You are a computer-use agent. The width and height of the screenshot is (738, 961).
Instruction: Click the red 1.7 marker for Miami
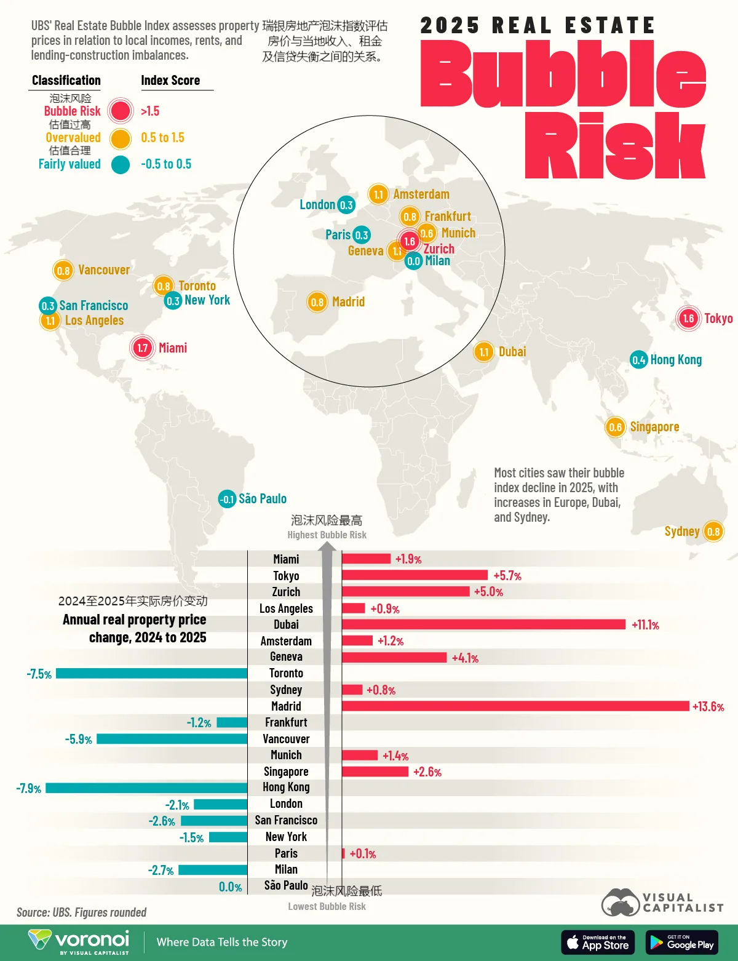coord(142,348)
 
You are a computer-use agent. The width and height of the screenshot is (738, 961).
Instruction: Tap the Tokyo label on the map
coord(718,319)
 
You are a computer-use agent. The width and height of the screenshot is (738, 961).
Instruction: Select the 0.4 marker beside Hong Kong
coord(638,360)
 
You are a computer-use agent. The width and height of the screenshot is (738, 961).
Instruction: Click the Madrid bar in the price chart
coord(515,706)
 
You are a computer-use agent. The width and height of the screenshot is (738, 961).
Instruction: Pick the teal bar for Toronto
coord(151,674)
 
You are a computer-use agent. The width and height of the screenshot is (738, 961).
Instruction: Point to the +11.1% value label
coord(645,625)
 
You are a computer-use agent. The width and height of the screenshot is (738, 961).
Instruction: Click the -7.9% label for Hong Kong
coord(29,789)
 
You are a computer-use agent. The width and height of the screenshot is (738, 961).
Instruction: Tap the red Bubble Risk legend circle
coord(120,111)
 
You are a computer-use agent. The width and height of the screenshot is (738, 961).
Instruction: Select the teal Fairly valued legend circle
coord(121,164)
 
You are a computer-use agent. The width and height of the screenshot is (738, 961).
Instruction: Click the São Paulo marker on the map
coord(228,499)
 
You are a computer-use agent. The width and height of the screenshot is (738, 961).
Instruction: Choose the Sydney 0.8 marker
coord(713,532)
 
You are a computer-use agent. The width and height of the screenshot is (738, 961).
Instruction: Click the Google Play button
coord(681,943)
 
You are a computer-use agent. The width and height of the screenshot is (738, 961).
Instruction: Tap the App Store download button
coord(598,943)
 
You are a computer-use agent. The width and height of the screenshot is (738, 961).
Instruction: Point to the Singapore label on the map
coord(654,427)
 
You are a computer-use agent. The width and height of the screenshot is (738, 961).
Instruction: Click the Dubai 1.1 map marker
coord(483,352)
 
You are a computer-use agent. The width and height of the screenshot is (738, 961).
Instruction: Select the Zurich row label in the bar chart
coord(286,592)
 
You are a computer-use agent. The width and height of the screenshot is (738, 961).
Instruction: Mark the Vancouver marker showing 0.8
coord(63,270)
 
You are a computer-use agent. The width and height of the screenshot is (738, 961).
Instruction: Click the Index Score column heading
coord(170,81)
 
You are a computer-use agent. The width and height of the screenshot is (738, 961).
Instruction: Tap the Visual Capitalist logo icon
coord(620,903)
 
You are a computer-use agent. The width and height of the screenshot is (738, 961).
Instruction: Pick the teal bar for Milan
coord(213,870)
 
